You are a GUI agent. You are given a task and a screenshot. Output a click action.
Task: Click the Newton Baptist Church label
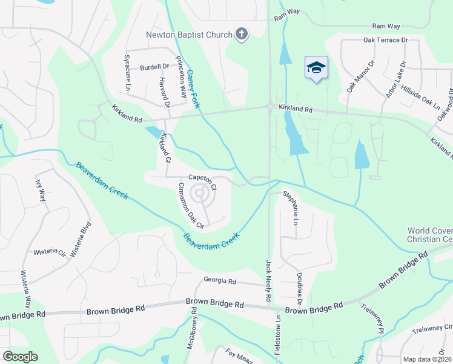(189, 35)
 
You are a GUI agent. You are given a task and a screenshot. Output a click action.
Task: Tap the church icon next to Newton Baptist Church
(242, 34)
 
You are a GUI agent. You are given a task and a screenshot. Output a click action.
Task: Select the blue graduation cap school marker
(316, 67)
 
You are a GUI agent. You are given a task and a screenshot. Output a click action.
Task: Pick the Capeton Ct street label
(202, 178)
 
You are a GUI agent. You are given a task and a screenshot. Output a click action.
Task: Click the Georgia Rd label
(219, 280)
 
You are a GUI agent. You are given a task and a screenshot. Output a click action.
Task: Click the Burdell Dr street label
(155, 67)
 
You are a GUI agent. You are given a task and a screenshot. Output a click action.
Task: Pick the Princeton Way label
(180, 77)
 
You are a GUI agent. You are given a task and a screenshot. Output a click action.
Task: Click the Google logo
(20, 357)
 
